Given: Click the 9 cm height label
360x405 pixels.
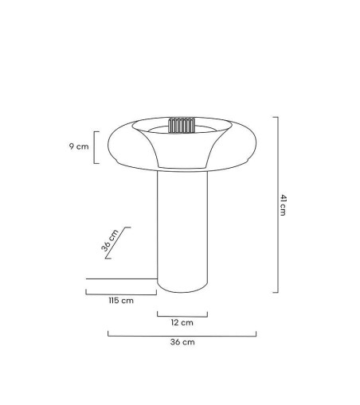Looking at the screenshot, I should (78, 146).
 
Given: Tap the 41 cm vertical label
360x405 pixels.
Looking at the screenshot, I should (284, 204).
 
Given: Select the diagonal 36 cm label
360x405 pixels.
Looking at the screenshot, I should (110, 240).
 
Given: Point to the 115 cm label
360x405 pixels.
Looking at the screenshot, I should (121, 300).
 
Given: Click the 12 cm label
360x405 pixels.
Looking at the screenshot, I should (182, 322).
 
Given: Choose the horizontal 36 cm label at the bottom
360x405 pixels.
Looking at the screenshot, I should (182, 342).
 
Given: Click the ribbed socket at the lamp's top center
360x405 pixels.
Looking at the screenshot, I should (182, 126).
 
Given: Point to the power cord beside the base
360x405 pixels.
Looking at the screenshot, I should (119, 278).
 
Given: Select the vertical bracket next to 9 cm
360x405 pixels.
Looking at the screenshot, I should (95, 147).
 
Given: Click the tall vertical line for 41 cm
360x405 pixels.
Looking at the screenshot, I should (277, 204).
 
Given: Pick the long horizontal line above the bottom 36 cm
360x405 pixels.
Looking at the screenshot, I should (182, 335).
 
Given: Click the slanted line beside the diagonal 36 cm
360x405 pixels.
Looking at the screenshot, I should (117, 243).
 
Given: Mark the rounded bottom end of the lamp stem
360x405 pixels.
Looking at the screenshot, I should (182, 289).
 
